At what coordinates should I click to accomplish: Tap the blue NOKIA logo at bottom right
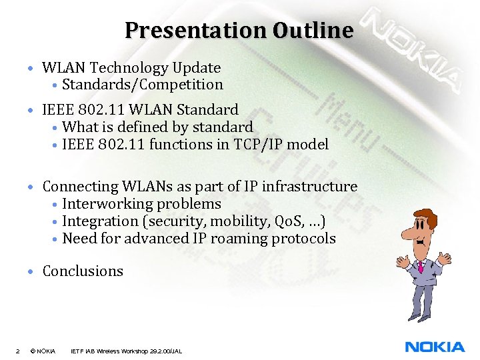click(x=435, y=347)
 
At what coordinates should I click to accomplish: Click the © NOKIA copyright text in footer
click(x=43, y=351)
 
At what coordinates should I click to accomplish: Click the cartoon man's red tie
click(x=421, y=267)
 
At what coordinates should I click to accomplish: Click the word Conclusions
click(x=83, y=271)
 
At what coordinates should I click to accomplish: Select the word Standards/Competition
click(x=142, y=85)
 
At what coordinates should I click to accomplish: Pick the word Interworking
click(x=104, y=204)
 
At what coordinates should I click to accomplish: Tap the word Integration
click(x=99, y=221)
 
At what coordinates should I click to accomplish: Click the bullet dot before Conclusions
click(x=31, y=272)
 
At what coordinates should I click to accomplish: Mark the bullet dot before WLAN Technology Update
click(x=31, y=69)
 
